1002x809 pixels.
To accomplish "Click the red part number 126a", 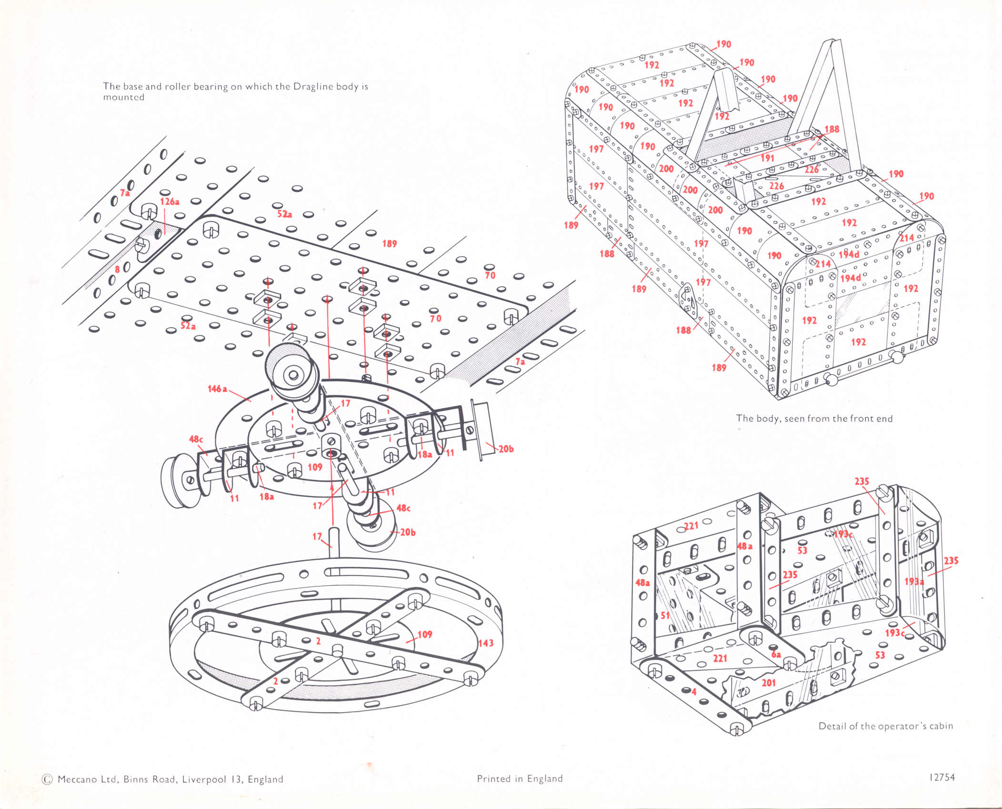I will pyautogui.click(x=170, y=202).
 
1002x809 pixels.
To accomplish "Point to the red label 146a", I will pyautogui.click(x=217, y=389).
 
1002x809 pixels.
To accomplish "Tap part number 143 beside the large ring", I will pyautogui.click(x=486, y=643).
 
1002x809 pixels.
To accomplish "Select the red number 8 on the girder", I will pyautogui.click(x=117, y=270).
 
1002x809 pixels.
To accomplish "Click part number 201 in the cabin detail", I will pyautogui.click(x=769, y=683).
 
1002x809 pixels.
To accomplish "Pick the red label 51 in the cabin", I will pyautogui.click(x=665, y=615).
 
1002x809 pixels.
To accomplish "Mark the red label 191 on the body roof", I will pyautogui.click(x=767, y=158).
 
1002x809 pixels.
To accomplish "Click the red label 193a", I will pyautogui.click(x=914, y=582).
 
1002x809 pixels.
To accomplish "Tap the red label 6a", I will pyautogui.click(x=776, y=654).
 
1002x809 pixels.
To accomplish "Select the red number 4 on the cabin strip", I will pyautogui.click(x=694, y=691).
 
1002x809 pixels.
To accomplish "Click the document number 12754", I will pyautogui.click(x=942, y=777).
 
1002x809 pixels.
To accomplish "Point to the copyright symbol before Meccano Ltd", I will pyautogui.click(x=47, y=779).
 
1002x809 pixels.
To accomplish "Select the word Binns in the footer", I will pyautogui.click(x=137, y=779).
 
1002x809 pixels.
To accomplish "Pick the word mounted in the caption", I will pyautogui.click(x=124, y=97).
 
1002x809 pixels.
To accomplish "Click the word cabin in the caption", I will pyautogui.click(x=941, y=726).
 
